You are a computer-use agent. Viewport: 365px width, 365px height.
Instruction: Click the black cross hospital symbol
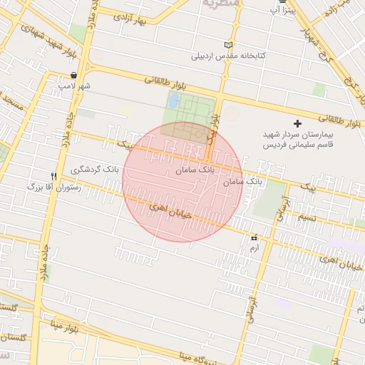coord(297,124)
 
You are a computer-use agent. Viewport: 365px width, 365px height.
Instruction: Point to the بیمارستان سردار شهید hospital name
coord(298,135)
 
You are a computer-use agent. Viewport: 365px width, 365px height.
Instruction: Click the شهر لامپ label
coord(75,86)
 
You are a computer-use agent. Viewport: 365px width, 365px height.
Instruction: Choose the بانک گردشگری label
coord(95,170)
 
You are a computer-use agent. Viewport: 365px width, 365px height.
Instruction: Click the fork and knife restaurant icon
coord(54,175)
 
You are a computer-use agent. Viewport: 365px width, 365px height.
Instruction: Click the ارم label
coord(254,248)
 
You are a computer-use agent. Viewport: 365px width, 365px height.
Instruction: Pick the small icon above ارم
coord(254,237)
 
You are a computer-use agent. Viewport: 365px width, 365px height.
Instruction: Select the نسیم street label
coord(307,216)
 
